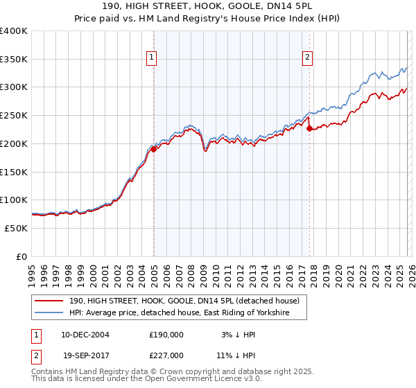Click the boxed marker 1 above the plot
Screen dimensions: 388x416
point(151,58)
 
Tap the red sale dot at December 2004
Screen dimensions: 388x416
point(153,149)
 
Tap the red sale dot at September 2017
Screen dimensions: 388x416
point(309,128)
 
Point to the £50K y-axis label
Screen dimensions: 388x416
point(17,228)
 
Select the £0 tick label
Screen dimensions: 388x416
point(22,256)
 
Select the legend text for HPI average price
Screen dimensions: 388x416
point(187,314)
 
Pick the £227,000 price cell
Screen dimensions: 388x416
point(166,355)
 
